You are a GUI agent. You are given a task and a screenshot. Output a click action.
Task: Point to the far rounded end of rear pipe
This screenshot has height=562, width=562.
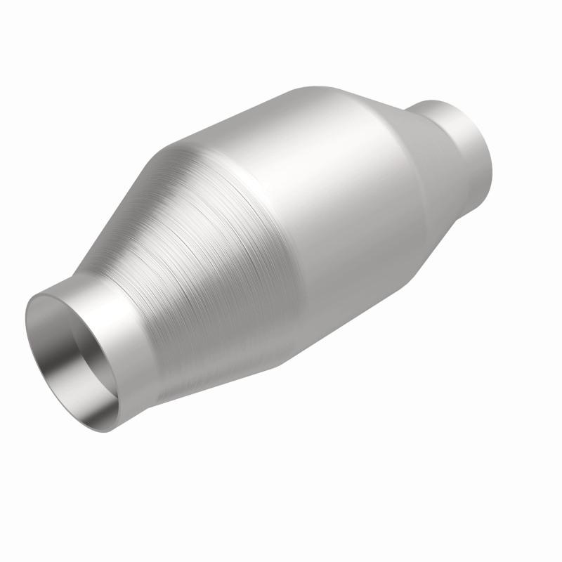pos(485,148)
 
